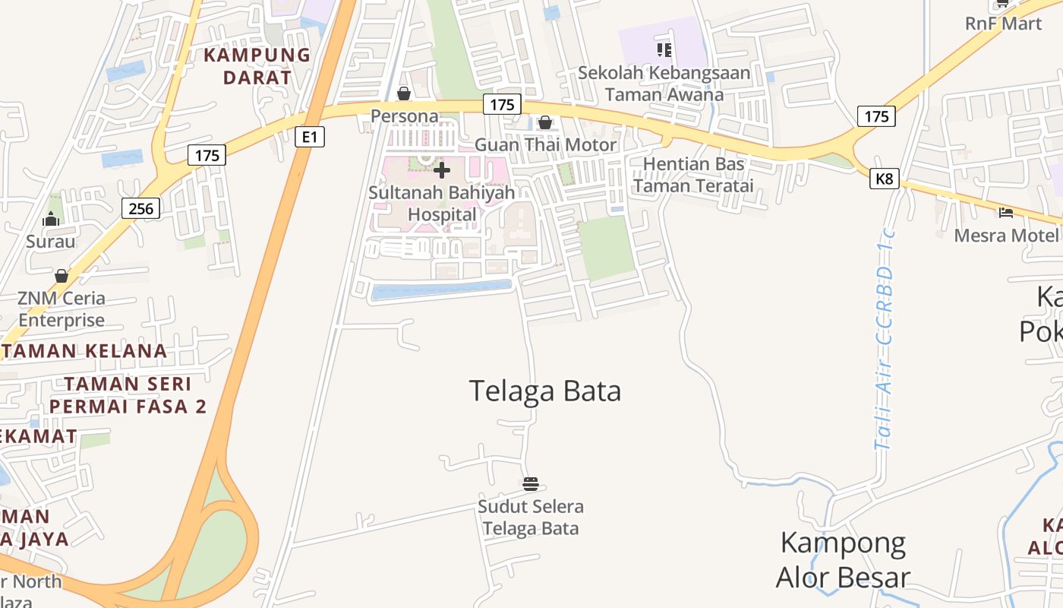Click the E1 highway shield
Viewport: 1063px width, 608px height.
point(309,137)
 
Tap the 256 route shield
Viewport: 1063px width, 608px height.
point(140,207)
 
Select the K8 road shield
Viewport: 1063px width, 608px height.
point(885,179)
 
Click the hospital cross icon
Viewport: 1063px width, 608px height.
point(442,170)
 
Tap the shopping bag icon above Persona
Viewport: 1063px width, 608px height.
point(404,93)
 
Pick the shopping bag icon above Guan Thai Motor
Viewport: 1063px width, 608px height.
point(544,122)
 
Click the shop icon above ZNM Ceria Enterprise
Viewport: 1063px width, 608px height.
point(62,275)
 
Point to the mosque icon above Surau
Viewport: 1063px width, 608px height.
point(51,220)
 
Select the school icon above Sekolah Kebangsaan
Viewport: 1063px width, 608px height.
point(664,50)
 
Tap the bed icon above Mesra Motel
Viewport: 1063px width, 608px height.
point(1006,213)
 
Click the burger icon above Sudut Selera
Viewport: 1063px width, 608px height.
point(531,483)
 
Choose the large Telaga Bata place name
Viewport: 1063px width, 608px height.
point(545,391)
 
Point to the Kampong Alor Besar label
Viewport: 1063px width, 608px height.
point(843,560)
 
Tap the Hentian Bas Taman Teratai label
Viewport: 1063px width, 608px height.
point(694,175)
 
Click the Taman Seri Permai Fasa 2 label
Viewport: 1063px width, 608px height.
point(128,395)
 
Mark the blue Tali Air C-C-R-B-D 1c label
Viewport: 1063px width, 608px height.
point(885,338)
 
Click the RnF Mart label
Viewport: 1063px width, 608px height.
point(1003,24)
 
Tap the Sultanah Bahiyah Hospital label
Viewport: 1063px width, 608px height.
point(442,204)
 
